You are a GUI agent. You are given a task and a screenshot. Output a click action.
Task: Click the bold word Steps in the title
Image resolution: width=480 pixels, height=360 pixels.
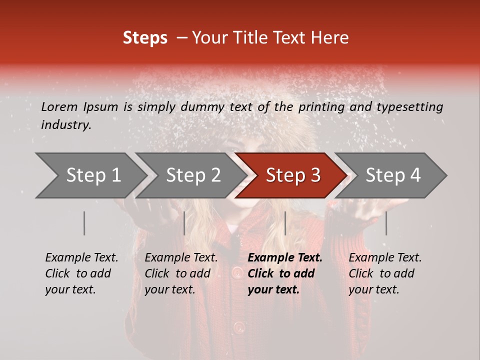click(x=145, y=38)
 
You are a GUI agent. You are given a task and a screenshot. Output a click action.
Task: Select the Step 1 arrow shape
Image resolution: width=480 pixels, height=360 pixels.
click(x=90, y=175)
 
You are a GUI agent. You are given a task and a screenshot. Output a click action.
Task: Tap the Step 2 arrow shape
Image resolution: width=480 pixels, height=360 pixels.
click(x=192, y=175)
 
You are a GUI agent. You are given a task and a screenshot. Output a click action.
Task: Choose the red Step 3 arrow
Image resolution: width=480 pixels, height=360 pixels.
click(x=292, y=175)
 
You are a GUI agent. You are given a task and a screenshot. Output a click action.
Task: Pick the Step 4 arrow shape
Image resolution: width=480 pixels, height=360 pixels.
click(x=392, y=175)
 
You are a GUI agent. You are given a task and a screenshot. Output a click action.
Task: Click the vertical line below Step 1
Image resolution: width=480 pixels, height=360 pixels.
click(x=84, y=223)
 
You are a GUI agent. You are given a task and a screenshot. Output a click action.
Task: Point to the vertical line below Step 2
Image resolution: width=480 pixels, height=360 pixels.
click(x=184, y=223)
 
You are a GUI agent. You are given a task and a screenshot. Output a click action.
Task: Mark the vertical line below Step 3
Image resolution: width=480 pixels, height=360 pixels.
click(x=285, y=223)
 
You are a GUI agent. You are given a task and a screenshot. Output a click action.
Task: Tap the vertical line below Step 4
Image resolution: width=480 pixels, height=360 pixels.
click(x=386, y=223)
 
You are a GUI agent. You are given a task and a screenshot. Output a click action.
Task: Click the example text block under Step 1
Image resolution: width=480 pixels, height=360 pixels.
click(x=81, y=273)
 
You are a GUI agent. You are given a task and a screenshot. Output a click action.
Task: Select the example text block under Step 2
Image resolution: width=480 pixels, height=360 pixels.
click(x=181, y=273)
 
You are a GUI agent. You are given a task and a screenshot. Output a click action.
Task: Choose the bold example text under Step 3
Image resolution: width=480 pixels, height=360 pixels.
click(x=285, y=273)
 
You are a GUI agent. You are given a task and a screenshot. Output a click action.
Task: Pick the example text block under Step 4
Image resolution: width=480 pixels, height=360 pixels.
click(x=385, y=273)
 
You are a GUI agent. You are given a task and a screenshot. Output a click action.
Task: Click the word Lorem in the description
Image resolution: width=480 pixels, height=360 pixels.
click(x=59, y=106)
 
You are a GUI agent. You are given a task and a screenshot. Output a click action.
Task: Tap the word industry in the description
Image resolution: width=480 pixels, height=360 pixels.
click(x=65, y=125)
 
